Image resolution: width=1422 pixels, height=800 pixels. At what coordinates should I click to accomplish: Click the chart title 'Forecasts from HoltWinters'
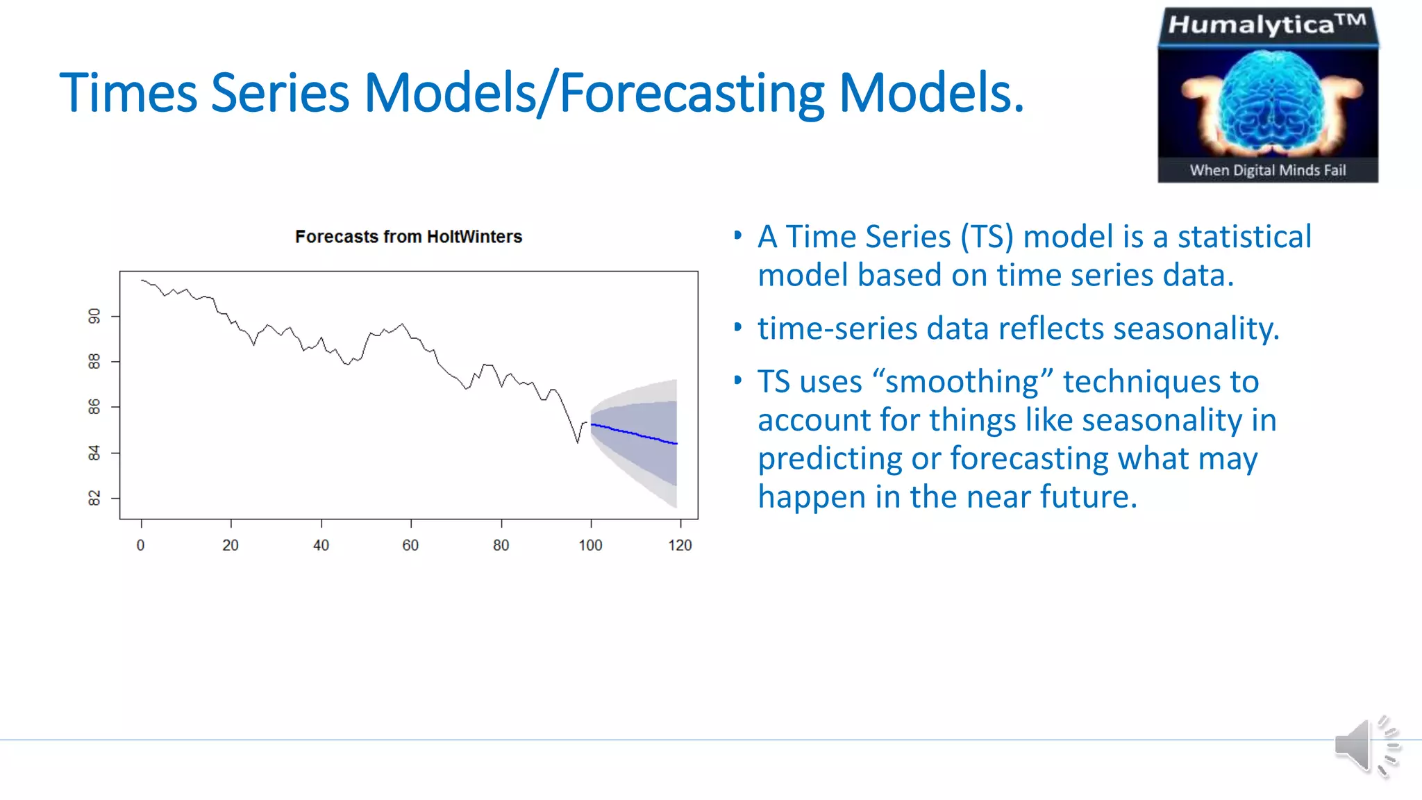[408, 237]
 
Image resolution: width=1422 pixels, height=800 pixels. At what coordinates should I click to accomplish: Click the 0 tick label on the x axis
[141, 545]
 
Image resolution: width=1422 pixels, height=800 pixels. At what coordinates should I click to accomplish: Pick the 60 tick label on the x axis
[410, 545]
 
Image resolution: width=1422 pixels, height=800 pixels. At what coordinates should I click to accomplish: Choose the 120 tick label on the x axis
[680, 545]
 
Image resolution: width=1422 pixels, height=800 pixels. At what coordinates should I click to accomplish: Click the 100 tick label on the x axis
[590, 545]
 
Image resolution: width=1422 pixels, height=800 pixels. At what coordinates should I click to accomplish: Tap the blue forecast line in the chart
[634, 434]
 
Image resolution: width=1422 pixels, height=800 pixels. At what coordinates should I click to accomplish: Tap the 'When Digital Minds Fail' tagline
[1268, 170]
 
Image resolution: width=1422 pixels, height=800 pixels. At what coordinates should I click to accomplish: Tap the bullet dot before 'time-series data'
[737, 326]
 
